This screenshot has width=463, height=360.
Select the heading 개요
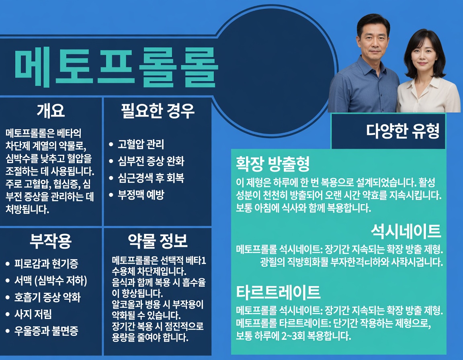pyautogui.click(x=51, y=110)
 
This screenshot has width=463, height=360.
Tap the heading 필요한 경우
pyautogui.click(x=158, y=110)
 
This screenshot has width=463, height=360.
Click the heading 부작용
pyautogui.click(x=51, y=241)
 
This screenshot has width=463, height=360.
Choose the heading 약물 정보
pyautogui.click(x=158, y=241)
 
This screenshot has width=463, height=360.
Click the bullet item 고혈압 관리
pyautogui.click(x=141, y=144)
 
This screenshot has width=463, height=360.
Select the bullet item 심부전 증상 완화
pyautogui.click(x=151, y=161)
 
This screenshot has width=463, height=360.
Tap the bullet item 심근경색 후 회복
pyautogui.click(x=151, y=178)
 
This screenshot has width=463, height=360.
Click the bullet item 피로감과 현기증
pyautogui.click(x=46, y=264)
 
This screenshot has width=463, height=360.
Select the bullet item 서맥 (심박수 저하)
pyautogui.click(x=51, y=280)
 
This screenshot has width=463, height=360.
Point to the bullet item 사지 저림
pyautogui.click(x=33, y=314)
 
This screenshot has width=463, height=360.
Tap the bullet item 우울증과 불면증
pyautogui.click(x=46, y=331)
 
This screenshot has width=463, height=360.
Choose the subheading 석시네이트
pyautogui.click(x=406, y=231)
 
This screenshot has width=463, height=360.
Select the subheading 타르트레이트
pyautogui.click(x=278, y=291)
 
